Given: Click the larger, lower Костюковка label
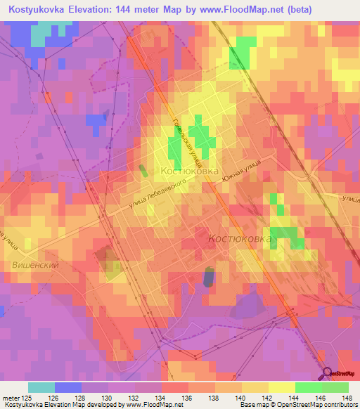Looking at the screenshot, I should (240, 239).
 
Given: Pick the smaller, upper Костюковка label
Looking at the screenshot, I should (190, 171).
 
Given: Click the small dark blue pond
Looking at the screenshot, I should (208, 277).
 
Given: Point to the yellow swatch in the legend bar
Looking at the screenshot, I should (281, 387).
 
